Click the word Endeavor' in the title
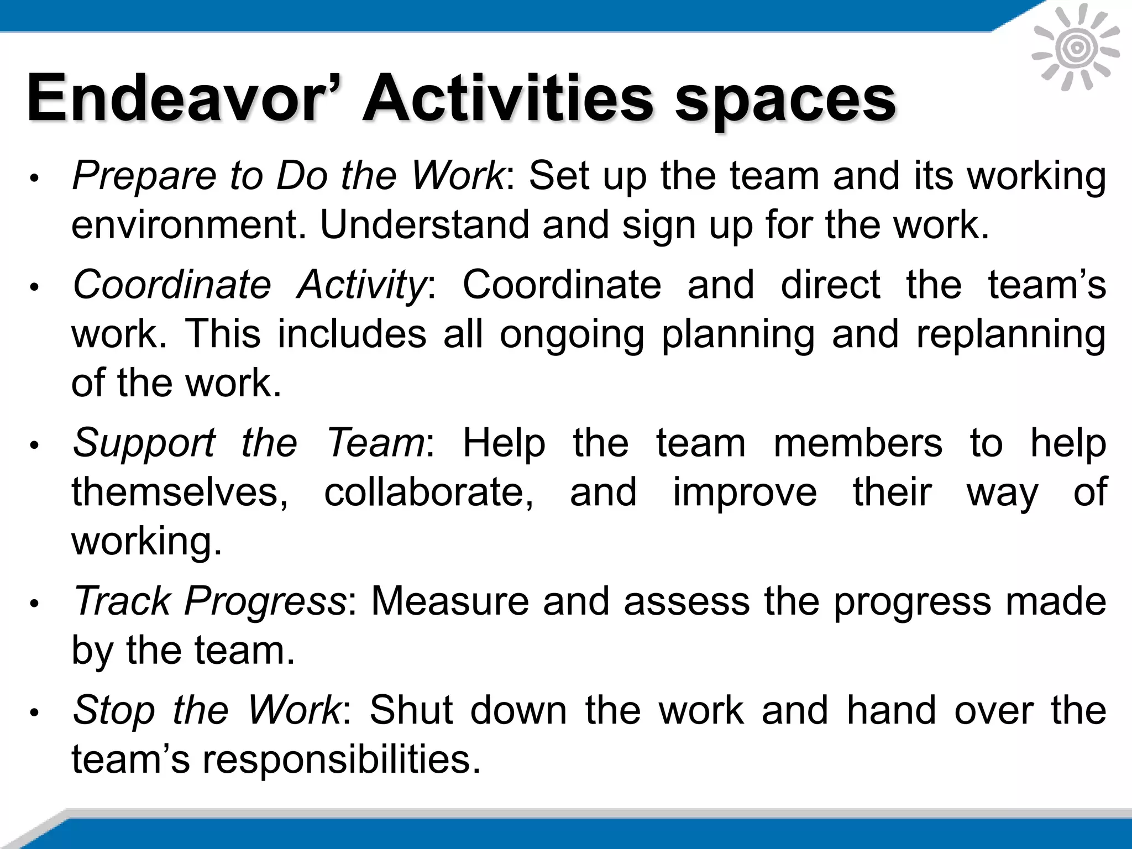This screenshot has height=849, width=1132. coord(182,99)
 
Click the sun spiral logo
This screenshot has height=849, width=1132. coord(1076,48)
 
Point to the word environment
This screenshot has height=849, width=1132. coord(188,226)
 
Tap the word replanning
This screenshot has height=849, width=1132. coord(1011,335)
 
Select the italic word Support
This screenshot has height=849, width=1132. coord(144,444)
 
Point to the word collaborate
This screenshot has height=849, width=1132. coord(429,492)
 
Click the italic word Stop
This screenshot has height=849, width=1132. coord(113,711)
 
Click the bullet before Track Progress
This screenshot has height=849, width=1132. coord(34,604)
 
